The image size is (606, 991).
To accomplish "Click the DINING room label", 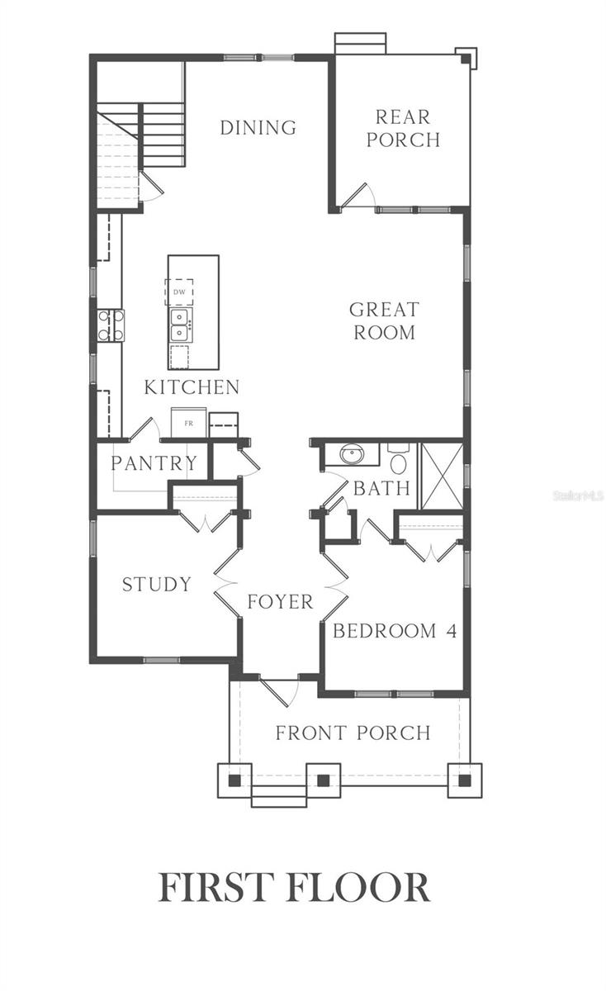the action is tap(258, 128).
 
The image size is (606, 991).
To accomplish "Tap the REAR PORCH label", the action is tap(403, 128).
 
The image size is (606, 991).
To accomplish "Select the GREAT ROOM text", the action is tap(385, 320).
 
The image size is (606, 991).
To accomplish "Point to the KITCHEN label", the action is tap(192, 387).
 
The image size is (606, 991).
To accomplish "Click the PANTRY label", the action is tap(154, 463).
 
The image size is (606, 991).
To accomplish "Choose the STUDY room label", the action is tap(157, 585).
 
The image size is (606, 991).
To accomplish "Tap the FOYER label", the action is tap(280, 602).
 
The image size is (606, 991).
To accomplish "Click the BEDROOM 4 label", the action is tap(395, 631).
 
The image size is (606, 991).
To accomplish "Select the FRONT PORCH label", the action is tap(353, 733).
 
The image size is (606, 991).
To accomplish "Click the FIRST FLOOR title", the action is tap(294, 887).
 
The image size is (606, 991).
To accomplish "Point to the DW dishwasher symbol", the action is tap(179, 292).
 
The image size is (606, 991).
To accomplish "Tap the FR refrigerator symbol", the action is tap(189, 423).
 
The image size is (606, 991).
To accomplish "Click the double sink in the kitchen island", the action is tap(180, 325).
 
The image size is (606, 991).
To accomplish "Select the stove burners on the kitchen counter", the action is tap(111, 325).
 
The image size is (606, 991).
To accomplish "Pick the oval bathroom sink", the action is tap(352, 453).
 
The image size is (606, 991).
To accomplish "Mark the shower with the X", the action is tap(443, 476).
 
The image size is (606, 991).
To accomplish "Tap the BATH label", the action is tap(382, 488).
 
